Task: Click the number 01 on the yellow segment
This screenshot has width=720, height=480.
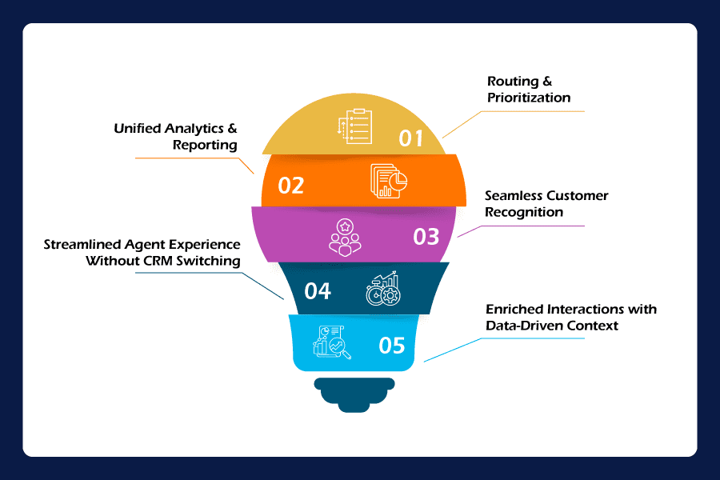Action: click(411, 138)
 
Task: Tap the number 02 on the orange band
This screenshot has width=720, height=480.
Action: click(291, 186)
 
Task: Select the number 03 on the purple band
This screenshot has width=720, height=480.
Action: click(426, 237)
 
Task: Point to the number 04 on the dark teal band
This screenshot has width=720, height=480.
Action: click(318, 290)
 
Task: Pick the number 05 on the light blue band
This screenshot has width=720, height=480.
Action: click(392, 346)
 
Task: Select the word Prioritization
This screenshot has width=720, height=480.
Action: click(529, 98)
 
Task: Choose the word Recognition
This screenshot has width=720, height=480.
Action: click(525, 212)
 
